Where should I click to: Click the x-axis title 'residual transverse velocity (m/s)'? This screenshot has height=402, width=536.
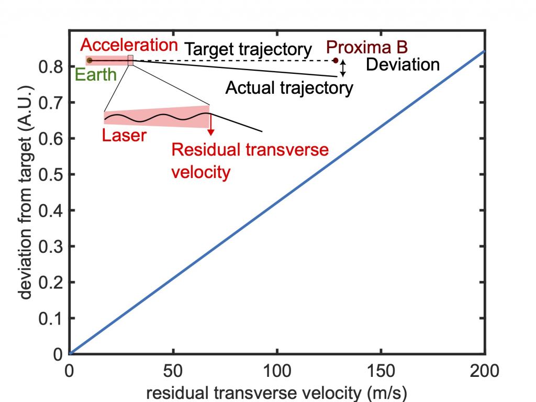[277, 391]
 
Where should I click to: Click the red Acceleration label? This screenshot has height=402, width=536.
[133, 45]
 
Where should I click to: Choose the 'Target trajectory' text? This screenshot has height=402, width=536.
[249, 50]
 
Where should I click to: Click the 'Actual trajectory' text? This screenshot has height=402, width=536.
[289, 87]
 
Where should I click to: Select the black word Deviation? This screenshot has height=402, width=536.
[402, 65]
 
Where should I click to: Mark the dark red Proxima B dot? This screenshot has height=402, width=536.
[336, 60]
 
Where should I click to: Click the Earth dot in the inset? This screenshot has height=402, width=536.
[90, 60]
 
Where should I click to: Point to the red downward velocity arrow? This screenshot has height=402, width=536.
[210, 124]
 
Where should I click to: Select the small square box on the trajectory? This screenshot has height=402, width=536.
[130, 60]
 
